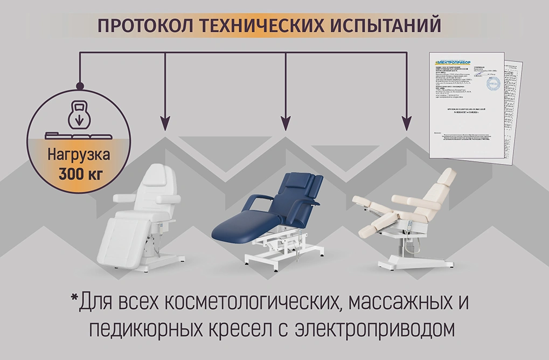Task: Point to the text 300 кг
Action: (79, 174)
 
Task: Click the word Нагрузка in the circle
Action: (79, 155)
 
